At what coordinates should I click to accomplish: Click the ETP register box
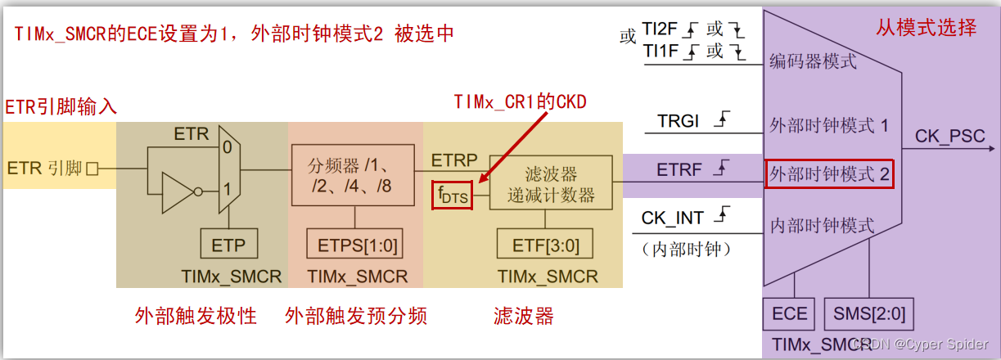click(x=228, y=244)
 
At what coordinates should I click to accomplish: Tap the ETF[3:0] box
click(x=544, y=244)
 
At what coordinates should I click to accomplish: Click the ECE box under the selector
click(x=790, y=313)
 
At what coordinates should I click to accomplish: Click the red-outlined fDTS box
click(x=452, y=196)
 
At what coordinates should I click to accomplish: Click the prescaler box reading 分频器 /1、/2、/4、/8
click(x=354, y=175)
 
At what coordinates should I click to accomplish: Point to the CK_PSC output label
click(x=949, y=136)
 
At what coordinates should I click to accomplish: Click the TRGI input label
click(x=679, y=122)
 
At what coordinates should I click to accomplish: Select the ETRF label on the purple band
click(x=679, y=171)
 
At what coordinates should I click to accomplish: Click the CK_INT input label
click(x=673, y=218)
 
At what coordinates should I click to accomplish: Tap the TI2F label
click(x=661, y=29)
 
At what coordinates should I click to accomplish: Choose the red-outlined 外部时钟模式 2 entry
click(x=829, y=174)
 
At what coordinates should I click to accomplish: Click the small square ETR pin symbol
click(x=92, y=169)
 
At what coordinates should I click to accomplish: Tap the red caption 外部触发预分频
click(x=356, y=316)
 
